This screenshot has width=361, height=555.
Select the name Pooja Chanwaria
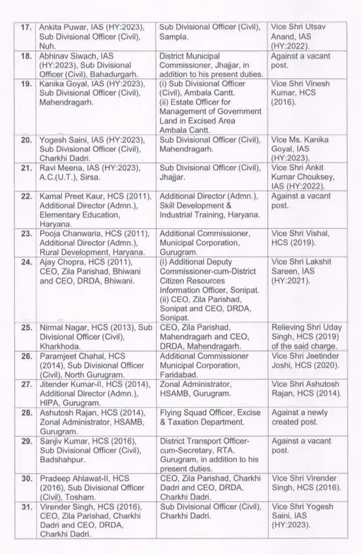pos(68,253)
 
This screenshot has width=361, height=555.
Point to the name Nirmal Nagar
pos(61,329)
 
